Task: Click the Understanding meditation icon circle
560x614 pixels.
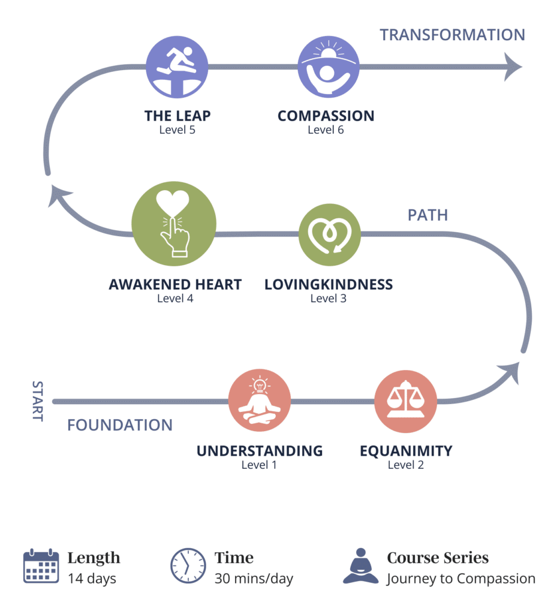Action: tap(260, 401)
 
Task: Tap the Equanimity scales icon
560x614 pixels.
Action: tap(405, 401)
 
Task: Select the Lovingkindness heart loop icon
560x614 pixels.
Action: tap(329, 234)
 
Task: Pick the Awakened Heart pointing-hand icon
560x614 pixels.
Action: tap(174, 222)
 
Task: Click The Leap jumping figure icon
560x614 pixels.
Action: tap(177, 67)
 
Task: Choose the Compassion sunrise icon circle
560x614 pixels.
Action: tap(329, 67)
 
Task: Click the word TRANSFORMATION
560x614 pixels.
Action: tap(452, 35)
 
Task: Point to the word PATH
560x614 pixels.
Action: tap(427, 215)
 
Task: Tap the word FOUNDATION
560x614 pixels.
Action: tap(120, 426)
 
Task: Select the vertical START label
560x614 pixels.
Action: tap(37, 401)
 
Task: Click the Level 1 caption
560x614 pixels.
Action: tap(259, 465)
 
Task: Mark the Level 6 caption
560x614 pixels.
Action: tap(326, 130)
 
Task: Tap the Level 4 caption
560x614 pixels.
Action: tap(175, 298)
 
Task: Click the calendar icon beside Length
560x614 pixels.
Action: tap(41, 565)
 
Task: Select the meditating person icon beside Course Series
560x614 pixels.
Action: tap(361, 565)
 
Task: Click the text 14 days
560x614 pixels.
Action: tap(92, 579)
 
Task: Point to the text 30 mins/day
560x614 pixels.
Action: tap(254, 579)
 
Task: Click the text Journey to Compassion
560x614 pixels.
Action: tap(460, 579)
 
